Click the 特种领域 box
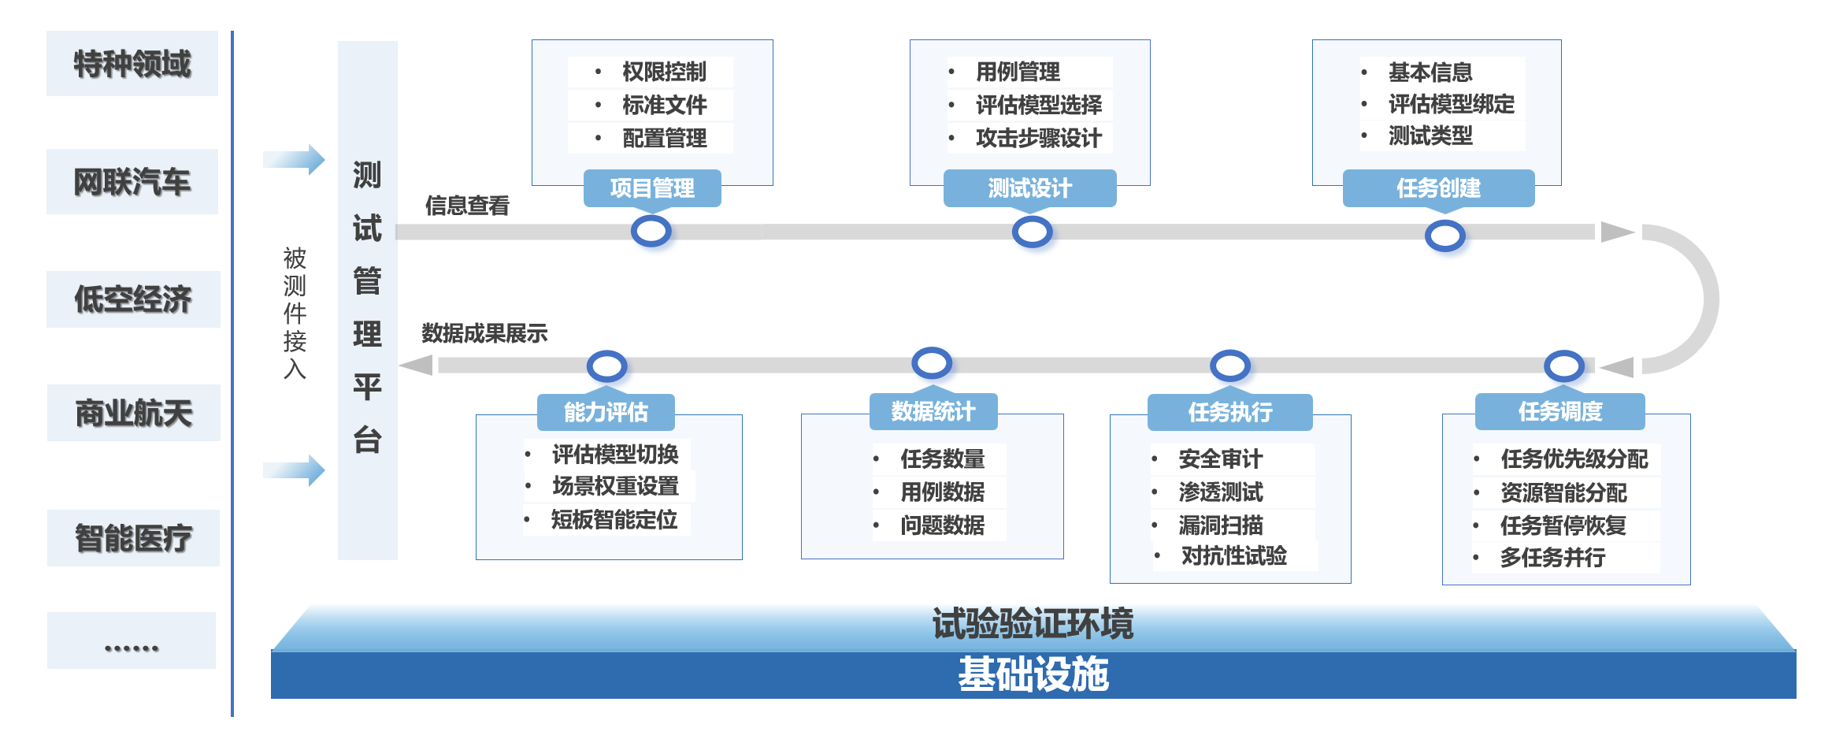pyautogui.click(x=132, y=64)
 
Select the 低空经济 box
pyautogui.click(x=133, y=299)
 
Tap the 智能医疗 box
pyautogui.click(x=133, y=538)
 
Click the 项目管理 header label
pyautogui.click(x=652, y=188)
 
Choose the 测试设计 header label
pyautogui.click(x=1029, y=188)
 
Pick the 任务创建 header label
pyautogui.click(x=1438, y=188)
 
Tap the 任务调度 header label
pyautogui.click(x=1559, y=411)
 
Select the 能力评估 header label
pyautogui.click(x=606, y=412)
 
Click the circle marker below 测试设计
pyautogui.click(x=1032, y=232)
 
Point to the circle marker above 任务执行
pyautogui.click(x=1229, y=366)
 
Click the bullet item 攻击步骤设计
pyautogui.click(x=1038, y=139)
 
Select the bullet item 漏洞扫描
pyautogui.click(x=1220, y=525)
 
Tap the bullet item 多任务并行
pyautogui.click(x=1552, y=558)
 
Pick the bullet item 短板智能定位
pyautogui.click(x=614, y=520)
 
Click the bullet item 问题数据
pyautogui.click(x=942, y=525)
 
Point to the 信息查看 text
pyautogui.click(x=467, y=206)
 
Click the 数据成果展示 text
pyautogui.click(x=484, y=333)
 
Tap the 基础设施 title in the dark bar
pyautogui.click(x=1033, y=675)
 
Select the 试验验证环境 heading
pyautogui.click(x=1033, y=624)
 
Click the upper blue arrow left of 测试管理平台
pyautogui.click(x=294, y=160)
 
